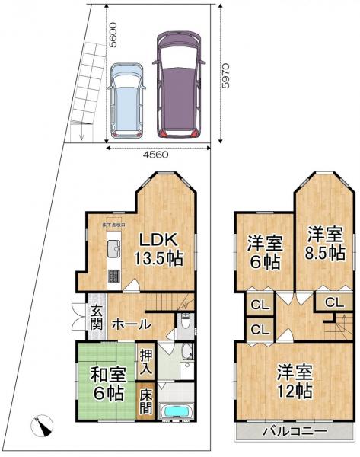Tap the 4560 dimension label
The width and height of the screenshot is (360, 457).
tap(155, 154)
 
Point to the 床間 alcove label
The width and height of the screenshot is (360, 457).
tap(145, 402)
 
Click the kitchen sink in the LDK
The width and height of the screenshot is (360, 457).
tap(113, 249)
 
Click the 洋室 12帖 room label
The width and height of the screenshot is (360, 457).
tap(294, 382)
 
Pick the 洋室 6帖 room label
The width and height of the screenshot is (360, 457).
tap(264, 253)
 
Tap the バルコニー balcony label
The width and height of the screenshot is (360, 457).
tap(296, 431)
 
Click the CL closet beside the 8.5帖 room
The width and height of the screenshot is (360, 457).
tap(333, 302)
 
